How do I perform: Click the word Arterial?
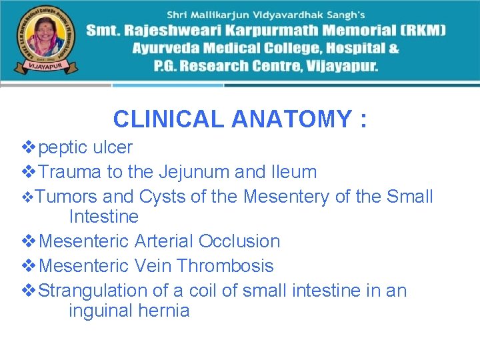[163, 241]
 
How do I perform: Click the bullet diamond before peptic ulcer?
[29, 147]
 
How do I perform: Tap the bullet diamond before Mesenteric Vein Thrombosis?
[29, 265]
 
